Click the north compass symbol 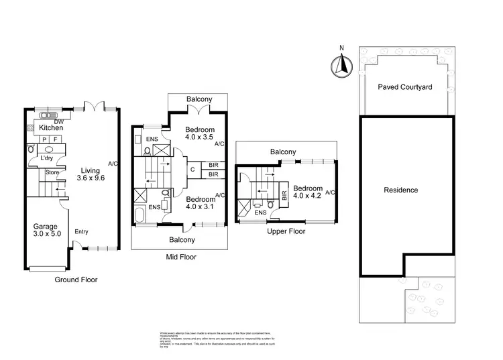click(x=341, y=66)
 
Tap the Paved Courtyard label click(x=404, y=87)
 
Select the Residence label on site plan click(x=400, y=190)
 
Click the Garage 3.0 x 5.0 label click(x=46, y=231)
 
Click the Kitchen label click(x=51, y=127)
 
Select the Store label click(x=52, y=172)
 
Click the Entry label click(x=81, y=232)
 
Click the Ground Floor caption click(x=76, y=280)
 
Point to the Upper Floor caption click(x=286, y=231)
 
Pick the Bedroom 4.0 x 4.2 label click(x=308, y=192)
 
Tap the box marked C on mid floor click(x=192, y=169)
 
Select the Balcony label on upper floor click(x=283, y=152)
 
